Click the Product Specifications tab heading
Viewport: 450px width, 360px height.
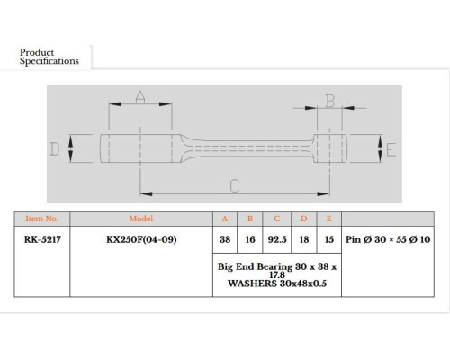pyautogui.click(x=49, y=57)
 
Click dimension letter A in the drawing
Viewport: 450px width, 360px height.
pyautogui.click(x=140, y=97)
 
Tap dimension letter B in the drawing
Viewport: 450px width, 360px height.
pyautogui.click(x=330, y=101)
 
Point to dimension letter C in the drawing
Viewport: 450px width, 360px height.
pyautogui.click(x=235, y=186)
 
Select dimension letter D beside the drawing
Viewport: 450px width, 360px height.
pyautogui.click(x=55, y=148)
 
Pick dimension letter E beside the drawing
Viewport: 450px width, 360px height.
pyautogui.click(x=391, y=149)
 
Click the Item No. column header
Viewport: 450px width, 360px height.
pyautogui.click(x=41, y=219)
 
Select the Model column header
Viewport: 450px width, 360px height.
pyautogui.click(x=141, y=219)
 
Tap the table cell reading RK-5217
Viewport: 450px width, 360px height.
pyautogui.click(x=42, y=239)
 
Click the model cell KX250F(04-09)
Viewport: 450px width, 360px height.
pyautogui.click(x=141, y=239)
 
